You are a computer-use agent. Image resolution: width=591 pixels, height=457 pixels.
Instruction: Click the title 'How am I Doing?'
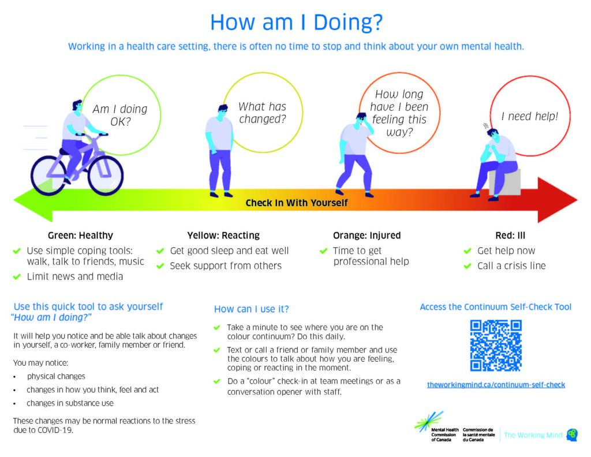pos(296,23)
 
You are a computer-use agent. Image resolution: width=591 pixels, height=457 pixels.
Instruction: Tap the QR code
pos(496,345)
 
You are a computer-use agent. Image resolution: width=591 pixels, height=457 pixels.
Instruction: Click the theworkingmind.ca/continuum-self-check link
pos(496,385)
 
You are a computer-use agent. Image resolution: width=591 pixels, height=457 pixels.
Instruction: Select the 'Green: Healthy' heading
pos(80,236)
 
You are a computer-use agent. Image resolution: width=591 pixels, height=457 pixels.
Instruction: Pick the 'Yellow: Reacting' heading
pos(223,236)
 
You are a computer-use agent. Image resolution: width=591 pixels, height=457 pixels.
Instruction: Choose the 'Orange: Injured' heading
pos(366,236)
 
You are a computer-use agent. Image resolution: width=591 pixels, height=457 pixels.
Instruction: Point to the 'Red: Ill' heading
pos(510,236)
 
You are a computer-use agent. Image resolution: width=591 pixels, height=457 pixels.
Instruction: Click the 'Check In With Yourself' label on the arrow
pos(297,203)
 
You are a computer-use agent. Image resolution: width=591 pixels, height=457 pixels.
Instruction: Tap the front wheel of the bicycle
pos(106,175)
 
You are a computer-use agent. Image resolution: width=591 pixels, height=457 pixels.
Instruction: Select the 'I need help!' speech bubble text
pos(530,116)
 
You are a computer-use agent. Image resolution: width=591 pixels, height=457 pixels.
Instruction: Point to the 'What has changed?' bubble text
pos(263,113)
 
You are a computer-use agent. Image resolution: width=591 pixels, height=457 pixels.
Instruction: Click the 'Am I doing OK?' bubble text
pos(120,115)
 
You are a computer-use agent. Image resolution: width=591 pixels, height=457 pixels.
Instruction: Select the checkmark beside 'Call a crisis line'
pos(467,266)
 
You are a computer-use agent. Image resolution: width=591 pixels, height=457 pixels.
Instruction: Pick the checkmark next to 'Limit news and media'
pos(17,277)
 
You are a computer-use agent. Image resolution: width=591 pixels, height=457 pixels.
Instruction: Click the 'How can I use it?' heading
pos(252,309)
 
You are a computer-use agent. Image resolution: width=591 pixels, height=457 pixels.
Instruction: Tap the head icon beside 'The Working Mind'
pos(572,434)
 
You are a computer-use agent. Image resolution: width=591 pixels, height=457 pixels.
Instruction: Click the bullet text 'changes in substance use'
pos(70,403)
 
